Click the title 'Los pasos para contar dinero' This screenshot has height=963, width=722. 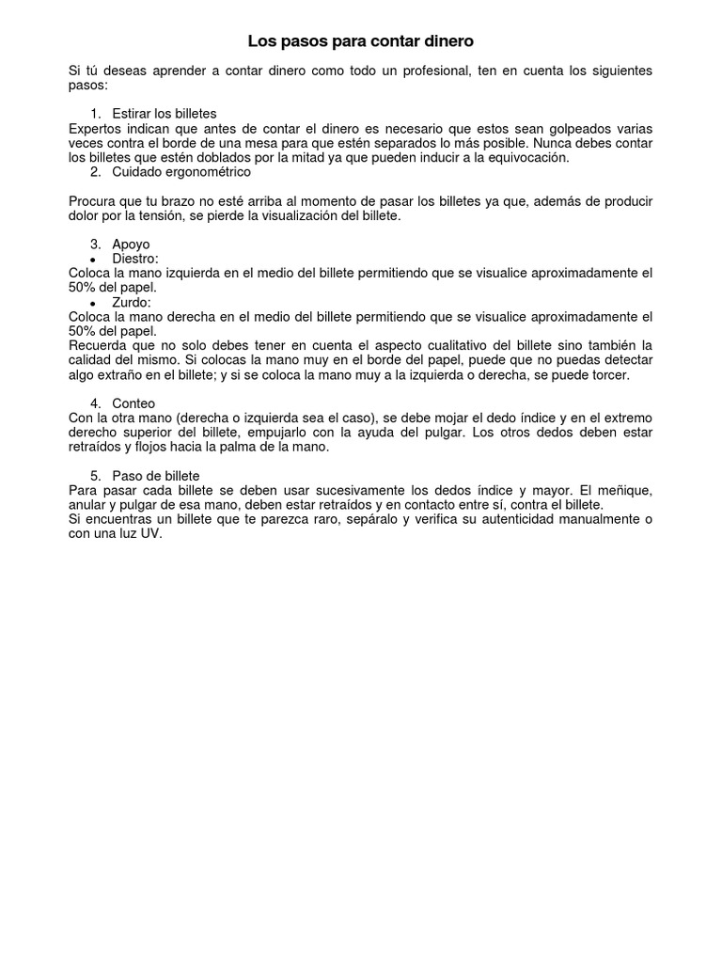(361, 41)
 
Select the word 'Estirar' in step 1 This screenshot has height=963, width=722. (133, 113)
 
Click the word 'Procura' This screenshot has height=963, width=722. (95, 201)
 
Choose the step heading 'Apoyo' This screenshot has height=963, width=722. (131, 245)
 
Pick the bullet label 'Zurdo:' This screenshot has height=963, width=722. (132, 303)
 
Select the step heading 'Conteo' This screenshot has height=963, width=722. (134, 403)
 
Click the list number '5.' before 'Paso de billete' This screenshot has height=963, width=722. (95, 476)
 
